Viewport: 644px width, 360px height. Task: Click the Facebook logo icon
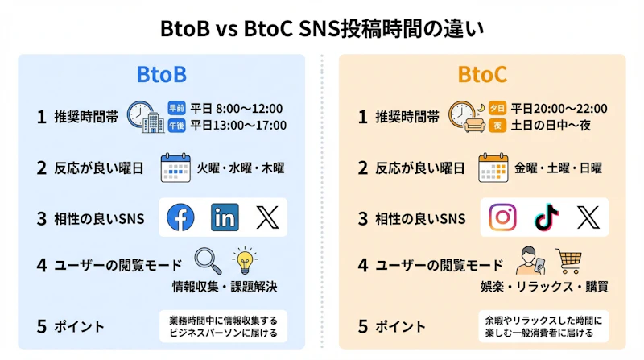click(181, 217)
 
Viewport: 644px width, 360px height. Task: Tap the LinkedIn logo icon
click(225, 217)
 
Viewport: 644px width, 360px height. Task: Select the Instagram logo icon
click(503, 217)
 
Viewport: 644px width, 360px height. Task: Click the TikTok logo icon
click(546, 217)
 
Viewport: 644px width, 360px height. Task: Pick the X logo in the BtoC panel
click(588, 217)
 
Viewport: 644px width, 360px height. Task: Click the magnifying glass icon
click(208, 261)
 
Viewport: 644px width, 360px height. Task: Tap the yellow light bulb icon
click(244, 262)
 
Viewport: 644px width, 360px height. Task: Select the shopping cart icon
click(568, 260)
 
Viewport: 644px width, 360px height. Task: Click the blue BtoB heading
click(162, 75)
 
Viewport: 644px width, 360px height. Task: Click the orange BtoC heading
click(482, 75)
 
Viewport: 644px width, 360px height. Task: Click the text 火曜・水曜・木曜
click(242, 168)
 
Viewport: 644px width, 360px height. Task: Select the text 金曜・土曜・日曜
click(558, 168)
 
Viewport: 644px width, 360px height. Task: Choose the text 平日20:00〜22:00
click(559, 108)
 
